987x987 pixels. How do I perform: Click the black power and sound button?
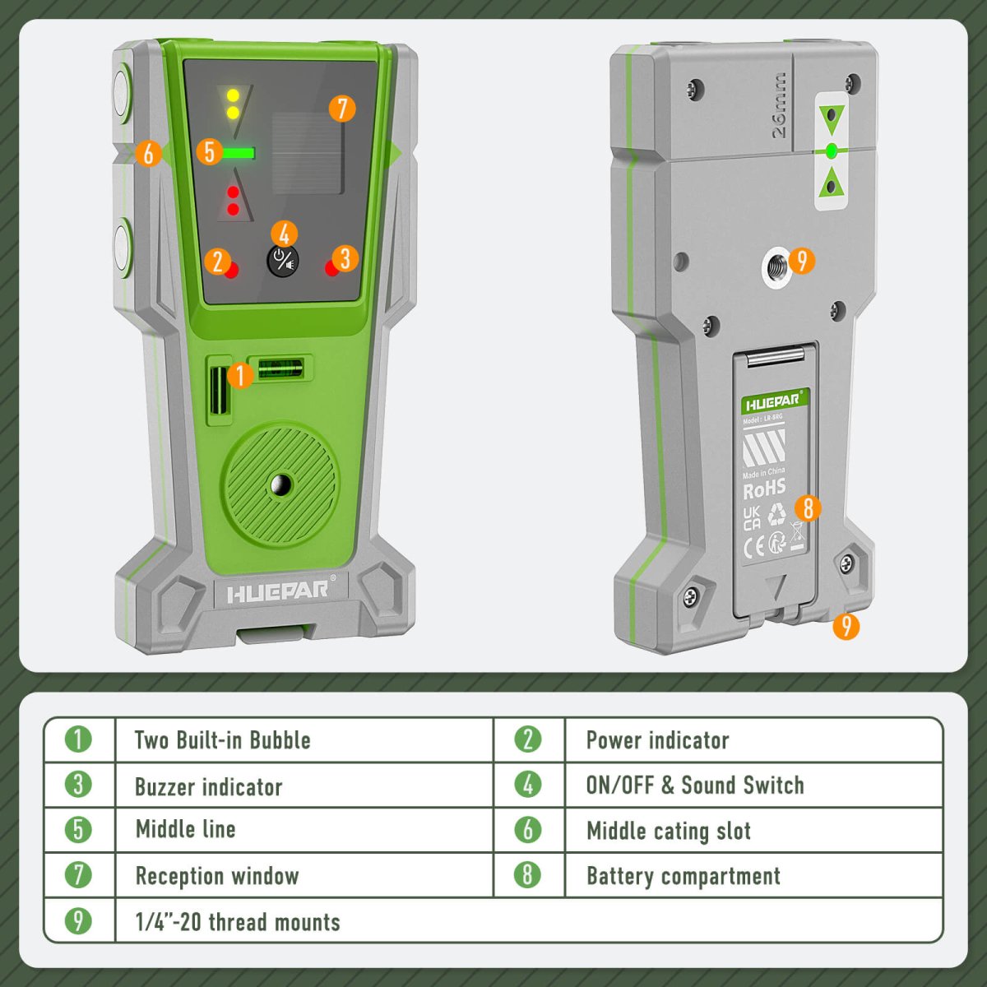(x=282, y=262)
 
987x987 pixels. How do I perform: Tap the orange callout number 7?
(x=342, y=109)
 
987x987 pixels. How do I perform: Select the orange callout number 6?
(x=148, y=153)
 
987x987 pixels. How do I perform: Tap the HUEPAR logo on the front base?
(x=276, y=591)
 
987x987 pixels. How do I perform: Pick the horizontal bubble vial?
(x=281, y=368)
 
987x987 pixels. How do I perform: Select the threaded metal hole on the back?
(x=775, y=263)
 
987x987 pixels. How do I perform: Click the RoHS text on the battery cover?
(x=764, y=490)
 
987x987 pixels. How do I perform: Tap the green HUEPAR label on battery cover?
(x=773, y=403)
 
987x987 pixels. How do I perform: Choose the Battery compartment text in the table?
(x=683, y=876)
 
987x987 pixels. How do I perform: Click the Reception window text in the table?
(x=217, y=876)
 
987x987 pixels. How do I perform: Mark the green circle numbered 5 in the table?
(x=78, y=829)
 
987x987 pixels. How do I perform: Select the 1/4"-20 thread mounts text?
(x=238, y=922)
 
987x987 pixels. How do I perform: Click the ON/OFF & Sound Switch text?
(x=695, y=785)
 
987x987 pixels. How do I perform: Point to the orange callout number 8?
(x=808, y=508)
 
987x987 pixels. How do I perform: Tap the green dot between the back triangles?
(x=832, y=151)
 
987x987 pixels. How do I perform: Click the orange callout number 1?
(x=239, y=376)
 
